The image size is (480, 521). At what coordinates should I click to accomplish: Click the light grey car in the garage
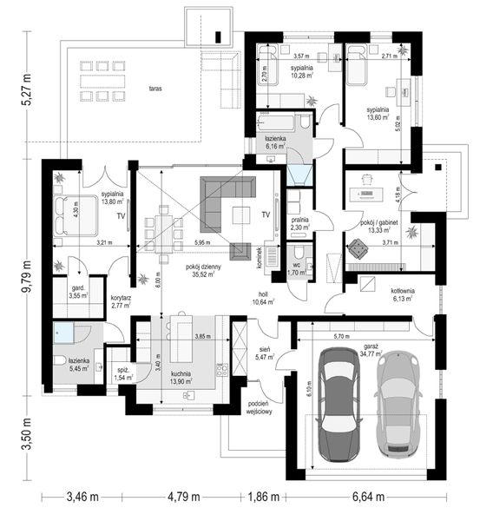[400, 406]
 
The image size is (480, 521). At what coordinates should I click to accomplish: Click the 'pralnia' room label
[300, 221]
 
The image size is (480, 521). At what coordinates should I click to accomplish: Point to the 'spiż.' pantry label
[123, 370]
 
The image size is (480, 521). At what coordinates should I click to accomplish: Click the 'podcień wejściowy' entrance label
[259, 407]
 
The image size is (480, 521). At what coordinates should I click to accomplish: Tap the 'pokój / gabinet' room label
[380, 222]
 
